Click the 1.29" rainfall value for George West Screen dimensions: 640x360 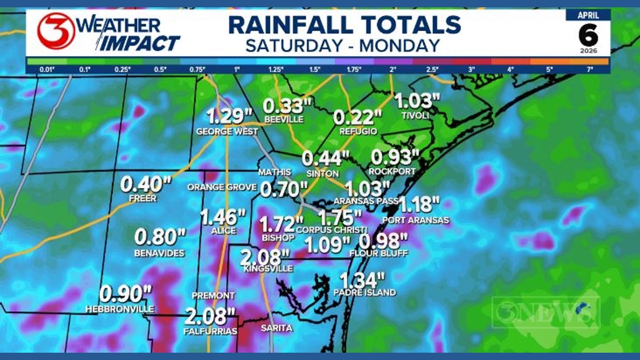click(229, 116)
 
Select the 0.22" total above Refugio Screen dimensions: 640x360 click(357, 117)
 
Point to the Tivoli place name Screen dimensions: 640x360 click(415, 115)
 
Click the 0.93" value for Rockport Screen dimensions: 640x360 click(395, 157)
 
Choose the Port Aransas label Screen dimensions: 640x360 click(415, 220)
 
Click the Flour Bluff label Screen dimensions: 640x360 click(378, 253)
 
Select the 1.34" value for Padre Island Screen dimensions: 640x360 click(362, 279)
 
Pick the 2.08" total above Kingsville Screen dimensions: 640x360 click(265, 257)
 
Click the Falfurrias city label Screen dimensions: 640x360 click(210, 331)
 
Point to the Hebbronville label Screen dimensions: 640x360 click(120, 309)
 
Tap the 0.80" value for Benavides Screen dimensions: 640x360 click(160, 237)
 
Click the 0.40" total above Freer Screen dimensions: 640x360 click(145, 184)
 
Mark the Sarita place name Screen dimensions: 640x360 click(276, 328)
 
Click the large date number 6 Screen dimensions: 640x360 click(588, 36)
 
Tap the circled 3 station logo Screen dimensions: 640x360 click(56, 31)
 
